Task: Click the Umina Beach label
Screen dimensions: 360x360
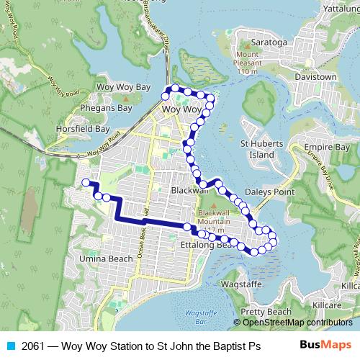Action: point(107,258)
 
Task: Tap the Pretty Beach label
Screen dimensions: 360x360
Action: point(266,312)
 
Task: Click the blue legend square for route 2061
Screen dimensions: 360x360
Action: point(8,346)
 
